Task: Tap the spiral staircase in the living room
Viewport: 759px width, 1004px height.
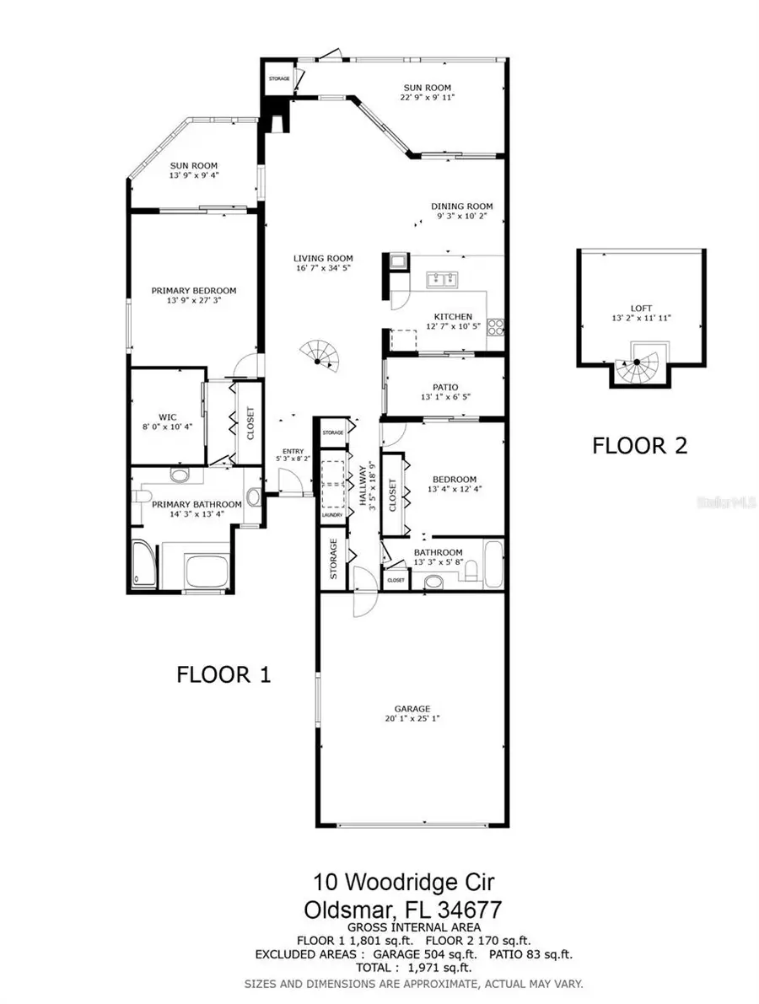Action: coord(319,358)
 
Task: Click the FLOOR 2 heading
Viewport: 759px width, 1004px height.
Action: coord(639,445)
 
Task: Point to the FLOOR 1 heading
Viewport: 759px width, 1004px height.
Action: coord(223,674)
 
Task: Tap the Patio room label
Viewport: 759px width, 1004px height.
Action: coord(444,387)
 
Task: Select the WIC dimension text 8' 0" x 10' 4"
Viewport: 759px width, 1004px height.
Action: coord(167,427)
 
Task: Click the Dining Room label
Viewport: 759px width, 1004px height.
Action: coord(462,207)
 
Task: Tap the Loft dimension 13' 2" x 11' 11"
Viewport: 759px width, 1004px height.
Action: coord(639,319)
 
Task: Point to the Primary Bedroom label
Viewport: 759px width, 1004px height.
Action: coord(194,291)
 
